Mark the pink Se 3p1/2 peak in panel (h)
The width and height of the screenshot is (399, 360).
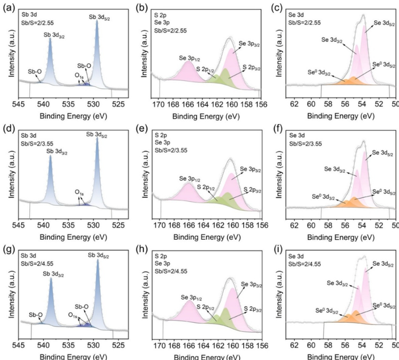point(189,309)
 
